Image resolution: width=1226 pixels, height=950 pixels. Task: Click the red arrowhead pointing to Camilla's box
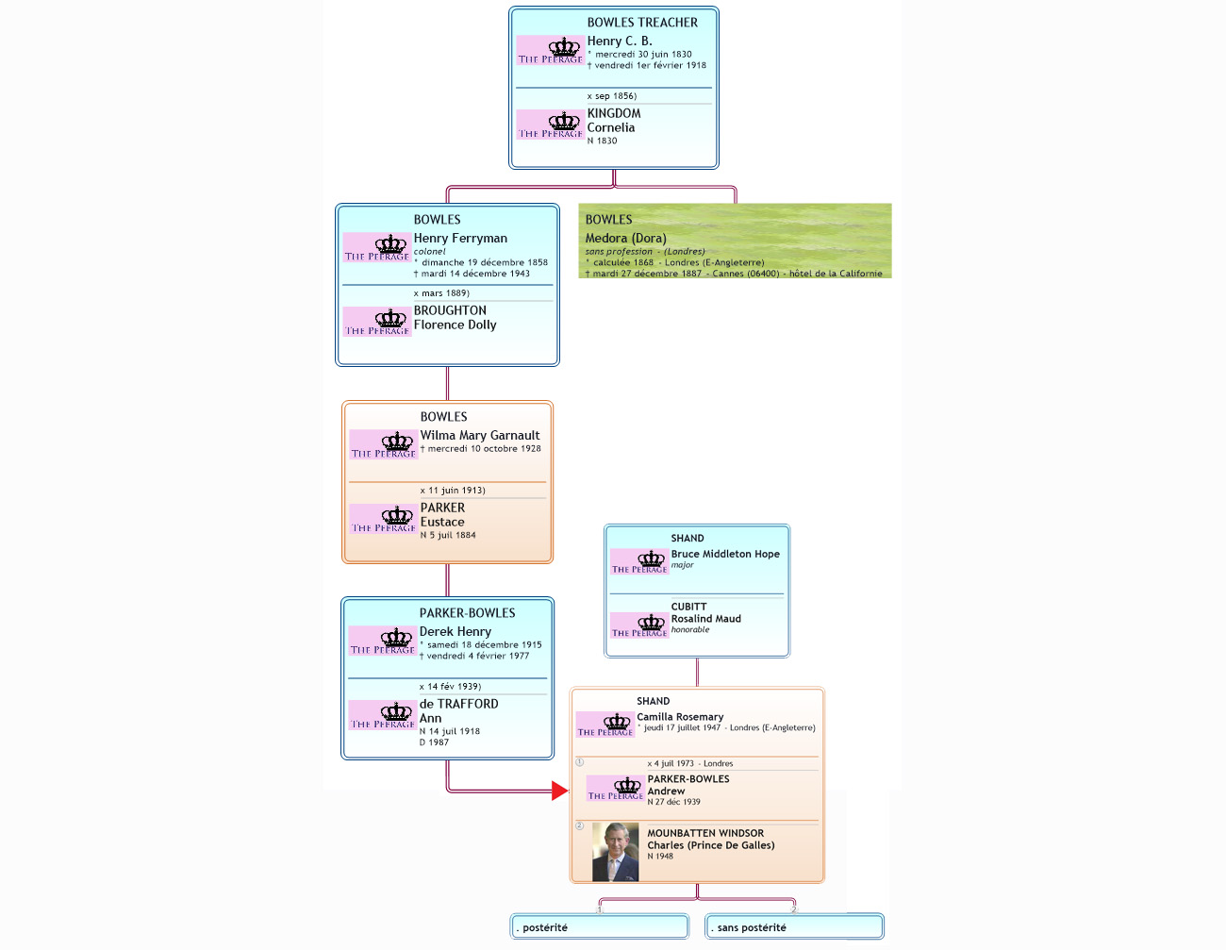pyautogui.click(x=560, y=791)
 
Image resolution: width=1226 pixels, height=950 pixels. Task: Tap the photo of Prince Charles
pyautogui.click(x=615, y=852)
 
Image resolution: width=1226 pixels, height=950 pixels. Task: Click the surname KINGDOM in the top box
pyautogui.click(x=614, y=113)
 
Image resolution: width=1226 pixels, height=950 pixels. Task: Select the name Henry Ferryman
pyautogui.click(x=460, y=239)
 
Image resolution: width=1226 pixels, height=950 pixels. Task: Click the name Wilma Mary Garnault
pyautogui.click(x=480, y=436)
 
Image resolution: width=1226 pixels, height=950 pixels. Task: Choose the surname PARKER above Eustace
pyautogui.click(x=442, y=508)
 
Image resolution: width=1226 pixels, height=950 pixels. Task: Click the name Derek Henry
pyautogui.click(x=456, y=632)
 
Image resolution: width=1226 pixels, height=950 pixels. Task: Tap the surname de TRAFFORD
pyautogui.click(x=458, y=704)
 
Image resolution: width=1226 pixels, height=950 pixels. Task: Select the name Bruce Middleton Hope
pyautogui.click(x=725, y=555)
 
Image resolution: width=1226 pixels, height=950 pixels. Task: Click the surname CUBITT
pyautogui.click(x=688, y=607)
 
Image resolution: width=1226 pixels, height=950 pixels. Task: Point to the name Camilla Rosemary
pyautogui.click(x=680, y=717)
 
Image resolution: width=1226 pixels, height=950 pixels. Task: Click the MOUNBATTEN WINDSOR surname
pyautogui.click(x=705, y=833)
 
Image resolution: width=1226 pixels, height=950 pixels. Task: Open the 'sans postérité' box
pyautogui.click(x=794, y=927)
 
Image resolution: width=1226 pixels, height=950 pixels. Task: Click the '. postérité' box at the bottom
pyautogui.click(x=600, y=927)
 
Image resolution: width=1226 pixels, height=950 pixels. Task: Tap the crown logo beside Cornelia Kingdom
pyautogui.click(x=551, y=125)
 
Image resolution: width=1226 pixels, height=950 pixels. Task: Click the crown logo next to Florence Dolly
pyautogui.click(x=377, y=322)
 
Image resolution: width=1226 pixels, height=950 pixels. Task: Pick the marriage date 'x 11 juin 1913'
pyautogui.click(x=453, y=491)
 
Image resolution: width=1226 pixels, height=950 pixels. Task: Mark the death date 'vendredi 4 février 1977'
pyautogui.click(x=477, y=656)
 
